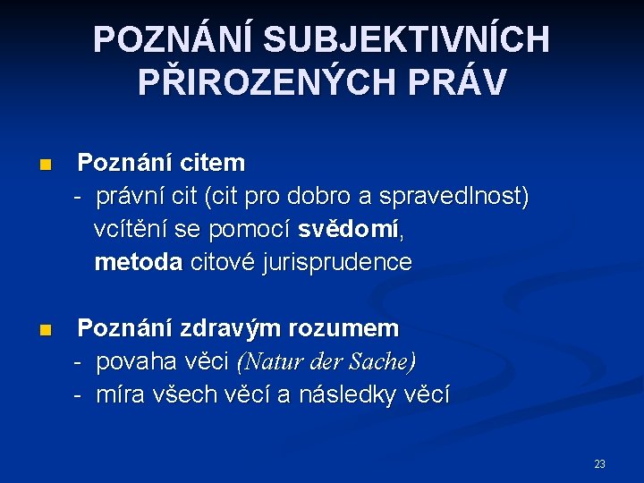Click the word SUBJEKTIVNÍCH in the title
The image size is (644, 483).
(x=408, y=40)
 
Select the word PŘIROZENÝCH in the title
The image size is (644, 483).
(x=268, y=82)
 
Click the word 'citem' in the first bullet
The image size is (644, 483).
(x=211, y=163)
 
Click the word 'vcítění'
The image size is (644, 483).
(x=131, y=229)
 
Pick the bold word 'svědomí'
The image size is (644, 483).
(x=349, y=229)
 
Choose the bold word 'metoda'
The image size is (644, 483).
(x=139, y=262)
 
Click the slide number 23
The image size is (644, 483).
(x=599, y=464)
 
